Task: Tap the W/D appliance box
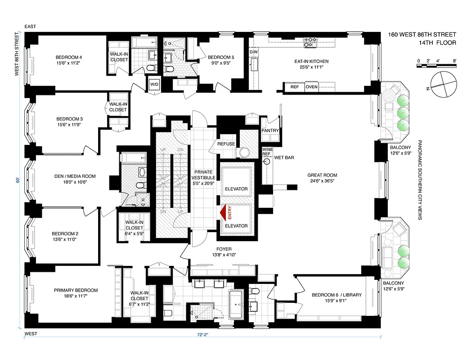click(x=154, y=84)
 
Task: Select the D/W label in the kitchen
click(x=253, y=52)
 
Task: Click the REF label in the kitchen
click(x=295, y=87)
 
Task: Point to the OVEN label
click(x=311, y=87)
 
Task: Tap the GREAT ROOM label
click(x=322, y=175)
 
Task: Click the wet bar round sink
click(x=267, y=160)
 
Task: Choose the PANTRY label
click(x=271, y=131)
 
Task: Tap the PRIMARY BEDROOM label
click(x=76, y=290)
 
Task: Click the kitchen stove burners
click(x=310, y=42)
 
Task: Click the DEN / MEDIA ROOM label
click(x=73, y=176)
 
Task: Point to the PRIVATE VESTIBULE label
click(x=205, y=175)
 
